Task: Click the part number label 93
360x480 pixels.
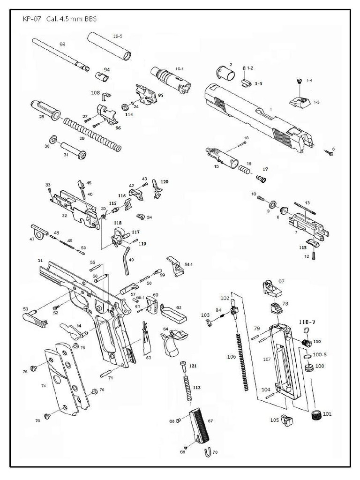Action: tap(62, 44)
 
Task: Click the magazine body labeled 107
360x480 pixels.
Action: tap(284, 361)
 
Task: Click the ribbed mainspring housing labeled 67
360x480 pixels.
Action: tap(200, 426)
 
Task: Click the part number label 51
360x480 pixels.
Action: tap(40, 260)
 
